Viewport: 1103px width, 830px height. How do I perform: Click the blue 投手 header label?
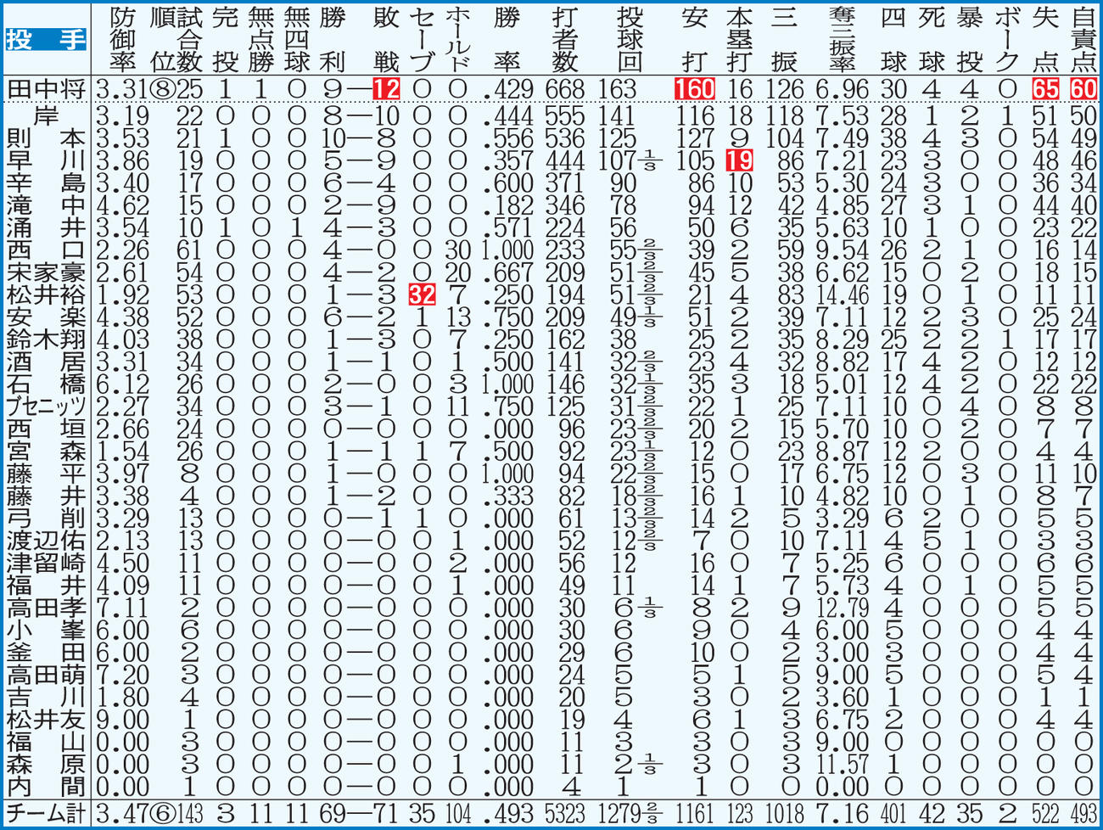(46, 40)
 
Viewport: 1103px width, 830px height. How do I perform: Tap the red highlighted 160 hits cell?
(694, 89)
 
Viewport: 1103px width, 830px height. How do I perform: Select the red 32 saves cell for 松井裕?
(422, 295)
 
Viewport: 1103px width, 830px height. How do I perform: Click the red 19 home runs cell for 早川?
(739, 160)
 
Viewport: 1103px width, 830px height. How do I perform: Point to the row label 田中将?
(46, 90)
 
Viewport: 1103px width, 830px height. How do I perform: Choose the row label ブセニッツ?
(46, 407)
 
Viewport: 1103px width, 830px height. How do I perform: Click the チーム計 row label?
(46, 814)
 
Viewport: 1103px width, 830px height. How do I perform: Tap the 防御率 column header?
(123, 40)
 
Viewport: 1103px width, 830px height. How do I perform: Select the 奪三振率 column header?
(843, 40)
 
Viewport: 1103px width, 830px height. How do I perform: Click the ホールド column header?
(458, 40)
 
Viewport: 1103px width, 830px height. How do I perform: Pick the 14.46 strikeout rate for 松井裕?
(843, 295)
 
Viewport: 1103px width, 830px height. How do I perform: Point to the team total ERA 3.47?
(123, 814)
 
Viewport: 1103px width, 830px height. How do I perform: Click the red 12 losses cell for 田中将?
(386, 89)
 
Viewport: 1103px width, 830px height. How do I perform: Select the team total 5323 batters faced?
(565, 814)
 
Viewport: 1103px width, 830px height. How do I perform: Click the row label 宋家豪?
(46, 272)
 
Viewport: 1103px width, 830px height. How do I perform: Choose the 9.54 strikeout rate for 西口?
(843, 250)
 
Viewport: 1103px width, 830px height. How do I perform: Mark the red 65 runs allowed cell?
(1045, 89)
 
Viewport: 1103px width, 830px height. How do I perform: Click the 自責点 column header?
(1083, 40)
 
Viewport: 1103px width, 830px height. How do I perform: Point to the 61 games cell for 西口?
(189, 250)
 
